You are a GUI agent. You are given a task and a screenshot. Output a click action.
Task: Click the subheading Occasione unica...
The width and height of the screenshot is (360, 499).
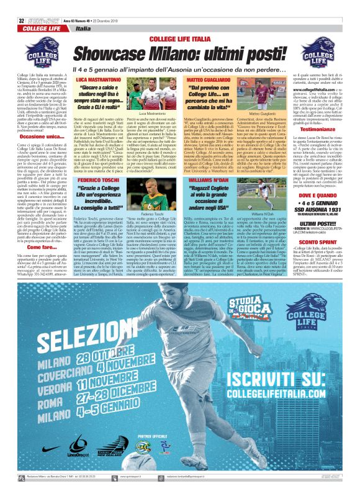[x=32, y=136]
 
